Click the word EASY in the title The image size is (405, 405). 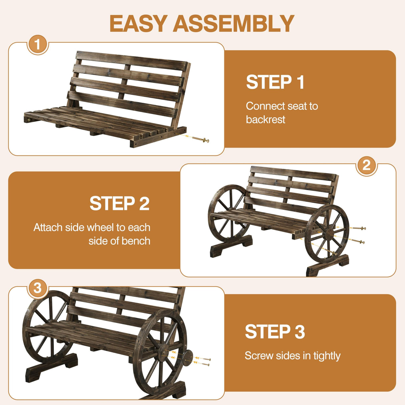[x=138, y=24]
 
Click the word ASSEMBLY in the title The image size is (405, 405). [x=233, y=24]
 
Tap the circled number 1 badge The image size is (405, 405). [x=37, y=44]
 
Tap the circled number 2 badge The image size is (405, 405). [x=366, y=165]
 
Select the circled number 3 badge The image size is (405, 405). [x=37, y=288]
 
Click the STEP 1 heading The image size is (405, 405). [x=275, y=82]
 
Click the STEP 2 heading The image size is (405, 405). [x=119, y=204]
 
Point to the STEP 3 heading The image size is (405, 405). [x=275, y=332]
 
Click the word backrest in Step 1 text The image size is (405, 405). [x=265, y=119]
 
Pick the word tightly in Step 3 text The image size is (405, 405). [x=327, y=356]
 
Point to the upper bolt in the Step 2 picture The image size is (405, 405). [x=359, y=229]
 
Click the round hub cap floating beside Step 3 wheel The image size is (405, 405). [x=187, y=357]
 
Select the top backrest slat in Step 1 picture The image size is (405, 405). [x=132, y=60]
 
